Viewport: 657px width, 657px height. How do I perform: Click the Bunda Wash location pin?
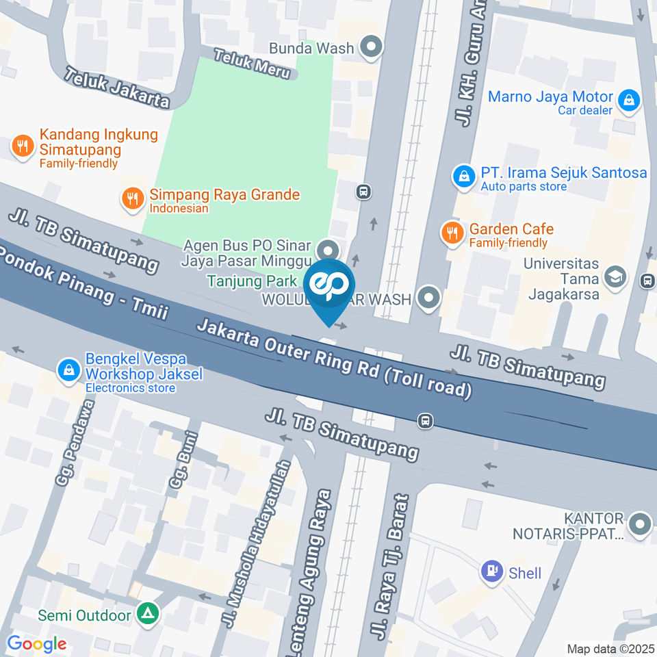tap(372, 48)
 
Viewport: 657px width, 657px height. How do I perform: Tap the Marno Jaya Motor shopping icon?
tap(628, 101)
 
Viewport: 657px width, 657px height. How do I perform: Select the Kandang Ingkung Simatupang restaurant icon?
tap(23, 145)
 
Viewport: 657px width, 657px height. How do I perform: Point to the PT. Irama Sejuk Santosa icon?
tap(465, 177)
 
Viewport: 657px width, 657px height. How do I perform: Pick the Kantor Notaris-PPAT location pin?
tap(640, 524)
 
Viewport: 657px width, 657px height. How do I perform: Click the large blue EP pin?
tap(329, 285)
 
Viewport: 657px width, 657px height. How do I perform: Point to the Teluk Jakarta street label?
tap(117, 87)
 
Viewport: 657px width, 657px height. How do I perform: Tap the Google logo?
tap(36, 643)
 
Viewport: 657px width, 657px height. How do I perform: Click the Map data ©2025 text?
tap(610, 648)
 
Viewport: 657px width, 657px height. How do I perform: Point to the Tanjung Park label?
tap(253, 281)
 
